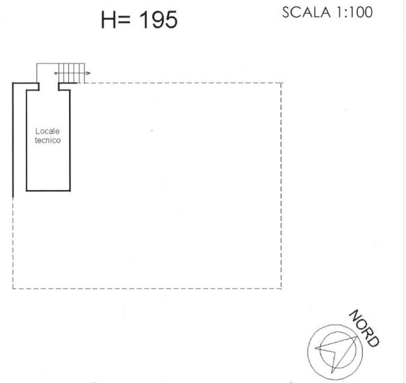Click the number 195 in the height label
tap(158, 20)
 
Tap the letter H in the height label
tap(108, 20)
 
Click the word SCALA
tap(306, 13)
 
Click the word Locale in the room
tap(47, 131)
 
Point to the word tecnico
tap(47, 141)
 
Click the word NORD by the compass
tap(364, 328)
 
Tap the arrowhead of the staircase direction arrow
tap(88, 73)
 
